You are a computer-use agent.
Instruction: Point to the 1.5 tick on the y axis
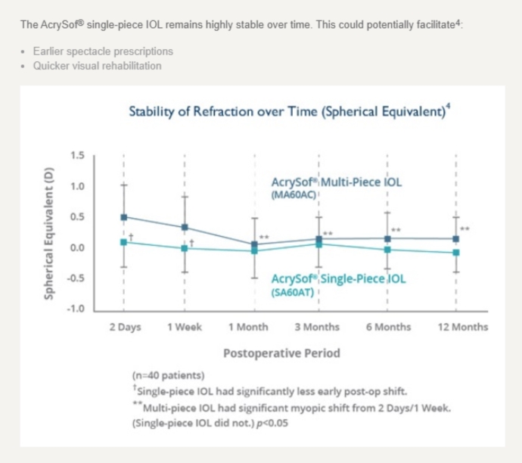pos(77,156)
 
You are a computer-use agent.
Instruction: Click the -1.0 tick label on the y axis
pos(76,309)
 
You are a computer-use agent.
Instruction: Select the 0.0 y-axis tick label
pos(77,248)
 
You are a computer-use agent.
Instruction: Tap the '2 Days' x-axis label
pos(124,328)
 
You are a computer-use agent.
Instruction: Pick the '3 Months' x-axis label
pos(317,328)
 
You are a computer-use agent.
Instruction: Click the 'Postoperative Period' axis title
pos(281,353)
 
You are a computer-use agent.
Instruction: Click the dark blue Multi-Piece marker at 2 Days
pos(124,217)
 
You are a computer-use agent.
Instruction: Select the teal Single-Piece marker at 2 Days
pos(124,242)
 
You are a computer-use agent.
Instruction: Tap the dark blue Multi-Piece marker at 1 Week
pos(185,227)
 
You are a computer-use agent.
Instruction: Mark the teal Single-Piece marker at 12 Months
pos(456,253)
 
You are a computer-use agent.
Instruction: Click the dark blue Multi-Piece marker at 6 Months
pos(388,238)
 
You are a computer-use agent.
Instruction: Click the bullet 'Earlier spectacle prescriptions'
pos(103,51)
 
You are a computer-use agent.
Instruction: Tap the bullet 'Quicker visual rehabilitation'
pos(97,66)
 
